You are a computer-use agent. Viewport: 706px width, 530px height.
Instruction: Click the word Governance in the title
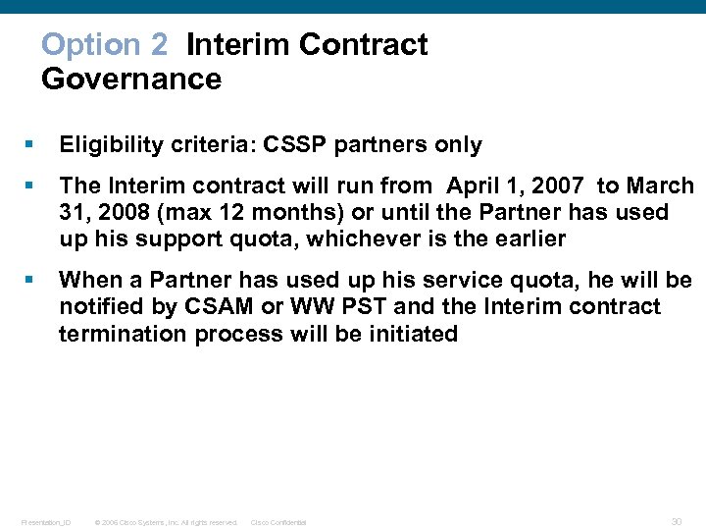[x=131, y=79]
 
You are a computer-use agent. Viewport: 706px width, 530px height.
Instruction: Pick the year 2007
[x=556, y=185]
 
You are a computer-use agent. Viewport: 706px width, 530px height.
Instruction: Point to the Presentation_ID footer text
[x=45, y=522]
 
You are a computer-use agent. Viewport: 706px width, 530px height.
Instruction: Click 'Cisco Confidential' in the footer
[x=278, y=522]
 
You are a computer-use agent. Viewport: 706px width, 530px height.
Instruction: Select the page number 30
[x=677, y=521]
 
